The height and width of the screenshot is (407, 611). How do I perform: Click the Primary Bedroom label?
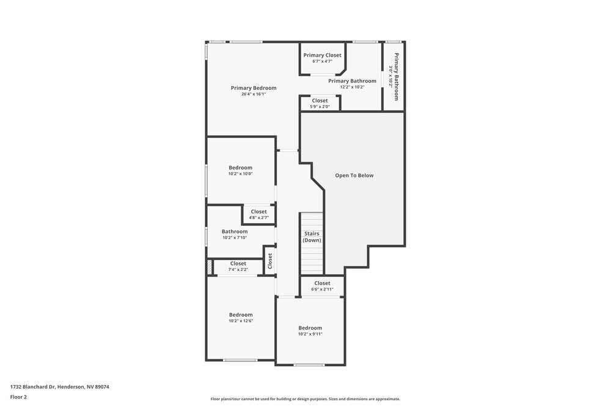pos(253,88)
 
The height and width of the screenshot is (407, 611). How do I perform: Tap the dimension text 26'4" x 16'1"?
pos(253,94)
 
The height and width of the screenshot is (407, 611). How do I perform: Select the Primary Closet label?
pos(322,55)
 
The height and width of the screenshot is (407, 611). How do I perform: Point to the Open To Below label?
pos(354,175)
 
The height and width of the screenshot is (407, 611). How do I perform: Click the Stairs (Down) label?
pos(311,237)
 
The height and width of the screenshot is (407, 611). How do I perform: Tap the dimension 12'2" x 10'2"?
pos(352,87)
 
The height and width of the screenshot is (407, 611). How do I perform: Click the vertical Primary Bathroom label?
pos(396,77)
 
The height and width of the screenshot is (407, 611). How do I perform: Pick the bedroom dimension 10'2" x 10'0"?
pos(240,174)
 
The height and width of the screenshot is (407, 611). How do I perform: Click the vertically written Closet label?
pos(269,261)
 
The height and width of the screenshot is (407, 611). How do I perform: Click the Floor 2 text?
pos(18,397)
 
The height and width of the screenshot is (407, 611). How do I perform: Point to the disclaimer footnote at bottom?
pos(305,398)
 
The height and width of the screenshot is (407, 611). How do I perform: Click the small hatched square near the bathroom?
pos(209,267)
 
